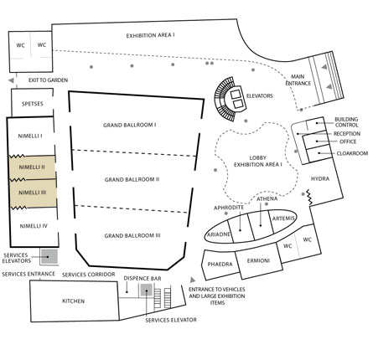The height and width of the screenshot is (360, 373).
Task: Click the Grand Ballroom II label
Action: point(132,179)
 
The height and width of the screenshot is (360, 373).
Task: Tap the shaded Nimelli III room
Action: point(33,193)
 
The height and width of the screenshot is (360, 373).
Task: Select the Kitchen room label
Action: point(73,301)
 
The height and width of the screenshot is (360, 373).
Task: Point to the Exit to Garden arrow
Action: point(11,80)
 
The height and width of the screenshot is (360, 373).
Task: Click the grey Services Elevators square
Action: point(49,256)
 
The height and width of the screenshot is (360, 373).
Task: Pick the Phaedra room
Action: point(220,265)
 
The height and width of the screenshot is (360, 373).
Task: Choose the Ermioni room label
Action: point(258,261)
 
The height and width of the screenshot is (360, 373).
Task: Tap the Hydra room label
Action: point(320,178)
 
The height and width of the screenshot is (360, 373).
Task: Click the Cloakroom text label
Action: point(352,153)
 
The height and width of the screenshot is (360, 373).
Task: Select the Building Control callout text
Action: point(346,122)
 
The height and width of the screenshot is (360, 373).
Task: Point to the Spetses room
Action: point(33,103)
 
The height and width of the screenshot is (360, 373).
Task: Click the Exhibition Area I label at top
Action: point(150,36)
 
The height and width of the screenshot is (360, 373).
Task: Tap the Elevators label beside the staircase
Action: point(259,96)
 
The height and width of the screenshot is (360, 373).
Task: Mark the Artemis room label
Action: point(283,219)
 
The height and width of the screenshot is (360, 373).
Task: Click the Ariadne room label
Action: point(219,234)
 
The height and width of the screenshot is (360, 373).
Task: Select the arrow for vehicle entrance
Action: point(193,280)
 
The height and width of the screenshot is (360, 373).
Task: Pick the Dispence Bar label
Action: point(142,279)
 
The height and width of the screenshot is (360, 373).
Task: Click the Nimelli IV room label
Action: point(34,226)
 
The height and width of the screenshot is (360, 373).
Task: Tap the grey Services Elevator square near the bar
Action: point(146,291)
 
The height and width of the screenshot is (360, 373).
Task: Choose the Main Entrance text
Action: point(298,80)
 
